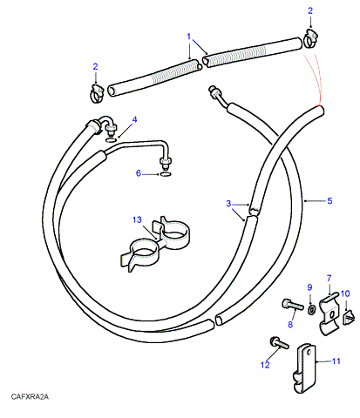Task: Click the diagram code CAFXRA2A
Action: [30, 396]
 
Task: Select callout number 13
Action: [137, 219]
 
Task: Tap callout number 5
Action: [329, 201]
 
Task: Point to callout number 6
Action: [139, 173]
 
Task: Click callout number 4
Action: [134, 119]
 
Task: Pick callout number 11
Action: [336, 361]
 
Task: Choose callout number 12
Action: [265, 365]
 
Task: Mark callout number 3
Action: [228, 204]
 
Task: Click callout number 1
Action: [189, 37]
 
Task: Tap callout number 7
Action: [329, 279]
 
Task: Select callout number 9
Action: [309, 287]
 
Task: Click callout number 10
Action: [345, 293]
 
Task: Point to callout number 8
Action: [290, 324]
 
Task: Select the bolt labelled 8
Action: [293, 305]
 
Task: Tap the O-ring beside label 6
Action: [166, 174]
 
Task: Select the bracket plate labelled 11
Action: [303, 368]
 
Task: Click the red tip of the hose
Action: [320, 106]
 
